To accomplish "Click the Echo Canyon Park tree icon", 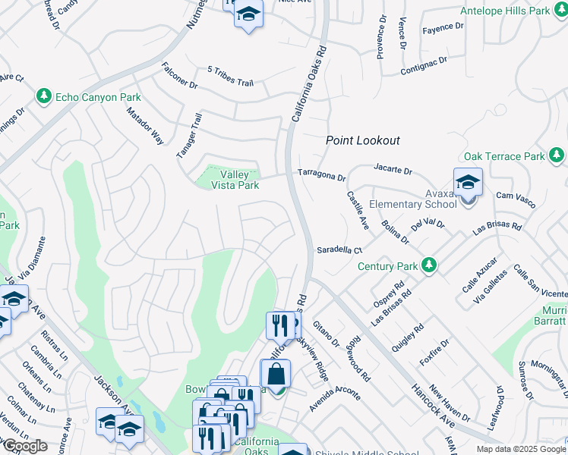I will [44, 96].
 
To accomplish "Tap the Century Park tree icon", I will [430, 265].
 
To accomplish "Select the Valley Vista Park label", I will [229, 180].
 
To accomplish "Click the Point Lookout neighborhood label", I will [362, 140].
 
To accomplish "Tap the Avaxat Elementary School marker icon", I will [468, 183].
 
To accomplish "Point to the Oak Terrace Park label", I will [504, 156].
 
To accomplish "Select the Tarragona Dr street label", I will [321, 175].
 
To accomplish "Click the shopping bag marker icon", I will [275, 374].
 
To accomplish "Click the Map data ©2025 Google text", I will [520, 449].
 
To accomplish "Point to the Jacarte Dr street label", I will [393, 169].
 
